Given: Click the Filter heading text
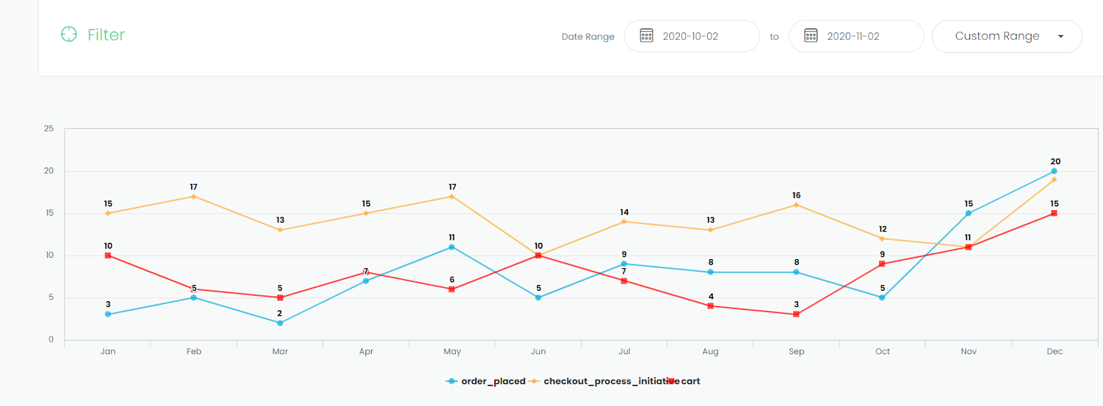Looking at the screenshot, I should coord(105,34).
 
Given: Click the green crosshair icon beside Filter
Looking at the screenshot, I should coord(69,34).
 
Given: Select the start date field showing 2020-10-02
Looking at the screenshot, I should coord(691,37).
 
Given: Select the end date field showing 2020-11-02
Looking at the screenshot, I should coord(856,37).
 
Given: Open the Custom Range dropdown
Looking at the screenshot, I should coord(1006,37).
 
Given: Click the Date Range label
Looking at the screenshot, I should coord(587,37).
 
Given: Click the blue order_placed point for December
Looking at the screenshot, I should coord(1054,171).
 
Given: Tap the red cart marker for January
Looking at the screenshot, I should coord(108,256).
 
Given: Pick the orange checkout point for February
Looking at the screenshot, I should coord(194,196).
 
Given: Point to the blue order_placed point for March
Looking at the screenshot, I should coord(280,323).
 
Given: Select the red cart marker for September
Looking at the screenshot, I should coord(796,314).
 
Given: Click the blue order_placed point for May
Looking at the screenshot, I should coord(452,247).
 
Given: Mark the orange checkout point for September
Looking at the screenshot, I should coord(796,205).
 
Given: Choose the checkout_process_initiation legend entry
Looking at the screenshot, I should coord(600,381).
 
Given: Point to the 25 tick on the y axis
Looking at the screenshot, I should coord(49,129).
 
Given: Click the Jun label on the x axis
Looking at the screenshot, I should coord(538,352).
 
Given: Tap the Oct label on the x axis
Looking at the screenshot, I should coord(882,352).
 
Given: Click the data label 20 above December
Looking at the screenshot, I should coord(1055,161).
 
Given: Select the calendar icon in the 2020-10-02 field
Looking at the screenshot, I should coord(646,36).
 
